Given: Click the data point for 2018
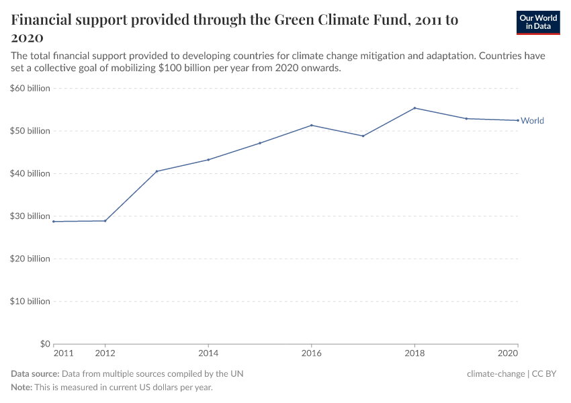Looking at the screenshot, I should coord(414,108).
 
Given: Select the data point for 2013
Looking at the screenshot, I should coord(157,171).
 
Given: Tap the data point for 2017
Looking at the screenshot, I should coord(363,136).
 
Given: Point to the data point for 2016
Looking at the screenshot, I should coord(311,125).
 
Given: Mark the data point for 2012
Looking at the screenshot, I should coord(105,221).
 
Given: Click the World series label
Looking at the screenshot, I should coord(532,121).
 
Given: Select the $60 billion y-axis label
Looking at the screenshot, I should coord(30,88).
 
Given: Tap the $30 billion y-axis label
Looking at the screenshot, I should coord(30,216).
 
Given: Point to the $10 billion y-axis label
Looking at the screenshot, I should coord(30,302).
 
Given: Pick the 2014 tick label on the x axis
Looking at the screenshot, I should coord(208,353).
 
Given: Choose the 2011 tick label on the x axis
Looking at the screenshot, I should coord(63,353).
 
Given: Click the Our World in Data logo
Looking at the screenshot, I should coord(537,22).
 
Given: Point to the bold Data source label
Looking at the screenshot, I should coord(35,374).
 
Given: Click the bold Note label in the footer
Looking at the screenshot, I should coord(23,388).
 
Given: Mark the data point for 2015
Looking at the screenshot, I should coord(259,143).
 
